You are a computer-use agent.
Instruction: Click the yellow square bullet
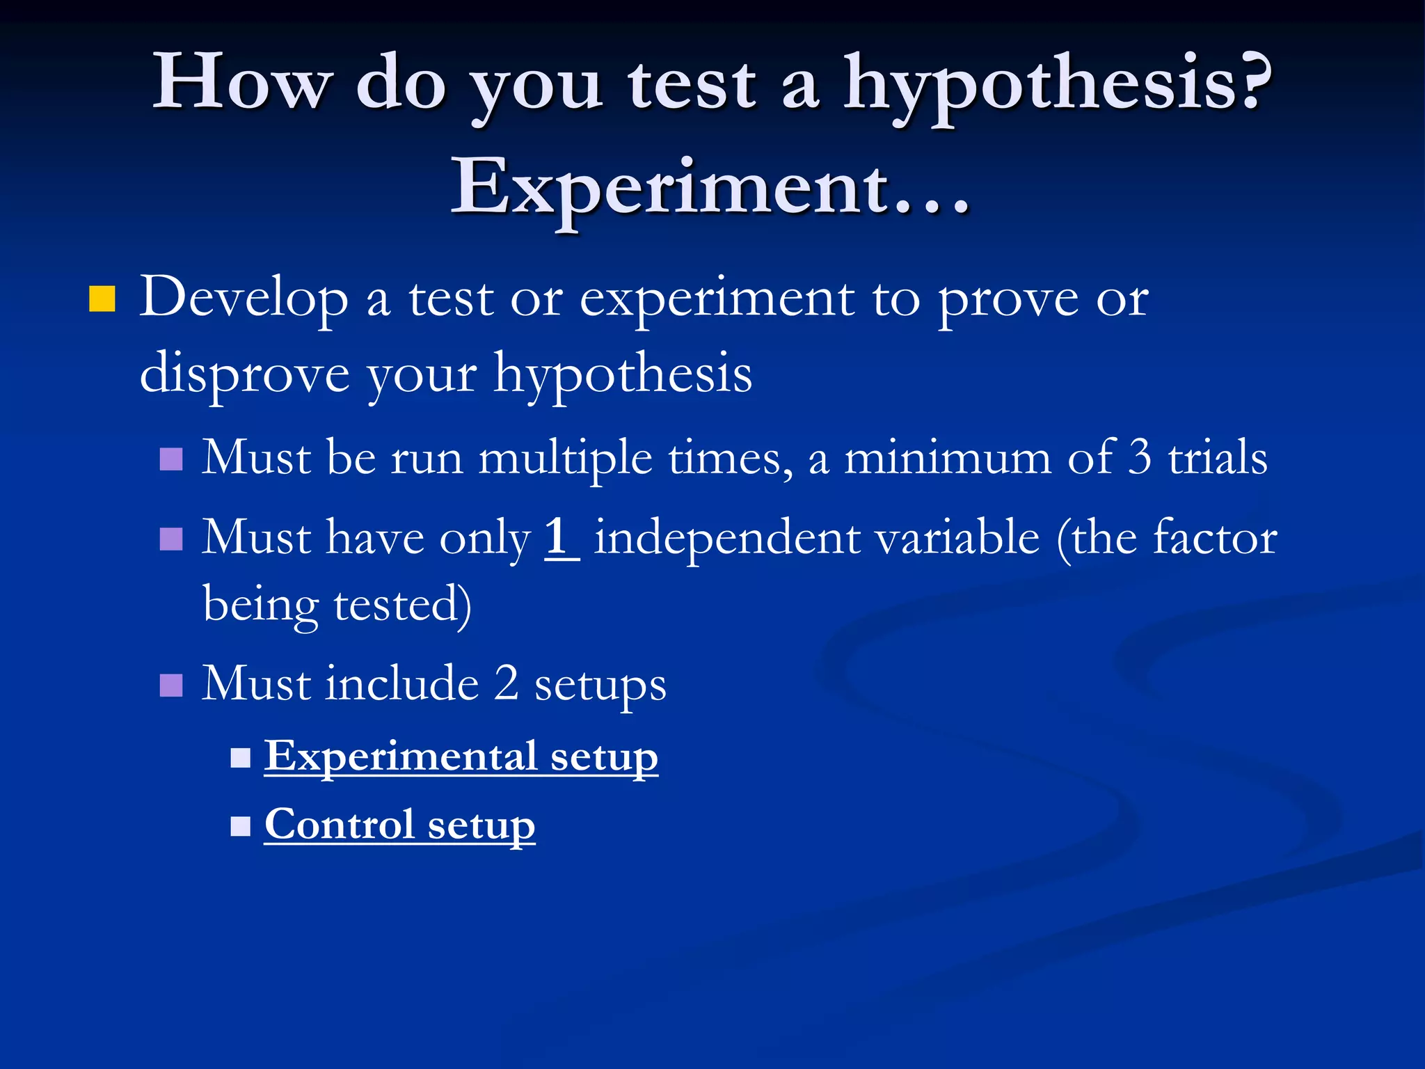[102, 299]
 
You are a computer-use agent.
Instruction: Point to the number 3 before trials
[1139, 458]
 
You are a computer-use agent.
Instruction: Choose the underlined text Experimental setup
[461, 757]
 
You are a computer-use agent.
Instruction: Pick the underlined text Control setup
[399, 825]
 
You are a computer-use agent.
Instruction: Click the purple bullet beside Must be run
[171, 459]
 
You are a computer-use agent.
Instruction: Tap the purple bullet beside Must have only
[171, 539]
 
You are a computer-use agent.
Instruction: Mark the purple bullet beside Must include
[171, 685]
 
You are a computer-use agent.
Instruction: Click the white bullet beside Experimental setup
[240, 757]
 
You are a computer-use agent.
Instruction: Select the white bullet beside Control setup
[240, 826]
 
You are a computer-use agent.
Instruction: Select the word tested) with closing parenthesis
[402, 604]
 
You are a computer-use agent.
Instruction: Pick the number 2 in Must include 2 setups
[507, 683]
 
